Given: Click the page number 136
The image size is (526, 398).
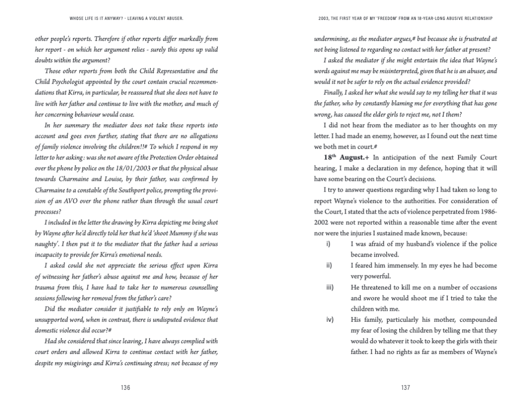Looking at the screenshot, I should pyautogui.click(x=126, y=388).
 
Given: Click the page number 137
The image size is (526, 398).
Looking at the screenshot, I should pyautogui.click(x=405, y=388).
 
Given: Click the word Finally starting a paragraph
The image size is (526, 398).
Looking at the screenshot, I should pyautogui.click(x=334, y=92).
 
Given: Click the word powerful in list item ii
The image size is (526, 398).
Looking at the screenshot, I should pyautogui.click(x=373, y=276).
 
